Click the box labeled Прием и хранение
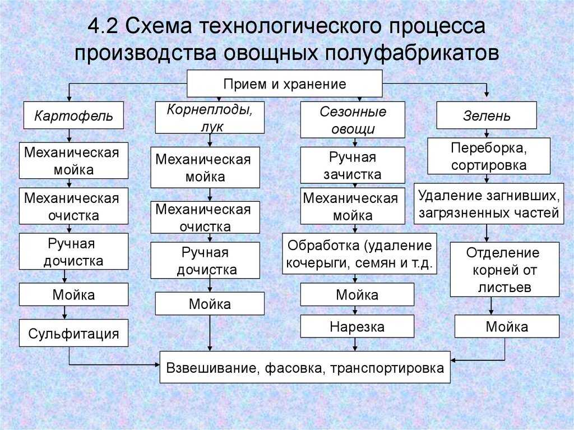tap(284, 84)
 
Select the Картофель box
tap(73, 115)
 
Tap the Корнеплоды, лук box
tap(210, 118)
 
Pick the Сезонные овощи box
tap(353, 120)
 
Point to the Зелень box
tap(487, 115)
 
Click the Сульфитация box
tap(73, 333)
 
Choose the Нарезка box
tap(357, 326)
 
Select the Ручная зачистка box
tap(353, 165)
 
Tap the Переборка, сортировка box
tap(489, 156)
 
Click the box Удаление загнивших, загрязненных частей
tap(489, 204)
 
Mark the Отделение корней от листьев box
tap(505, 269)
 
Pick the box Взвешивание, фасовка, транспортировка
tap(305, 367)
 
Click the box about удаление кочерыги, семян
tap(359, 253)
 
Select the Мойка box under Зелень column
tap(507, 326)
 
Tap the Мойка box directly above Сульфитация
tap(73, 294)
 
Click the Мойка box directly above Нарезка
tap(357, 294)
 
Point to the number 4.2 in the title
tap(103, 26)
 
